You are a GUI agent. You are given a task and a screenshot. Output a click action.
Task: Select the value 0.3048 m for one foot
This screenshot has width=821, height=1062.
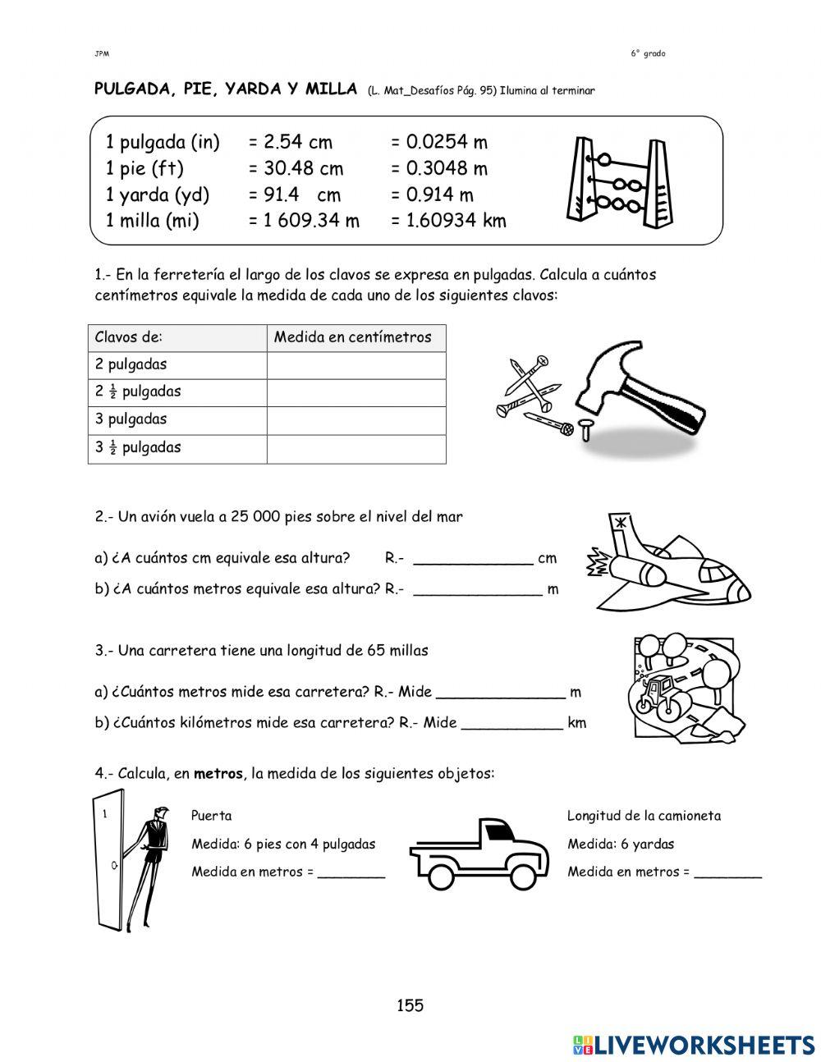tap(439, 168)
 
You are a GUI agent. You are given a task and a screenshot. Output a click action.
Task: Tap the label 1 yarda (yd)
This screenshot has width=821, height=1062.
tap(158, 195)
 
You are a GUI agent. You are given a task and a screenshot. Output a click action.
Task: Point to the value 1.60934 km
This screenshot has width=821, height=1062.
tap(448, 220)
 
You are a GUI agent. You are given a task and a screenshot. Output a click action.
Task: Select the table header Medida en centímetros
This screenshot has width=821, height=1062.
tap(352, 337)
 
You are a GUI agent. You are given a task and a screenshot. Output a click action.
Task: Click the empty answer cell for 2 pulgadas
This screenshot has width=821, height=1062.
tap(355, 364)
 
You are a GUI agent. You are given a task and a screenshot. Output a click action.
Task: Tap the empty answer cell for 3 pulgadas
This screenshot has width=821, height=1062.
tap(355, 419)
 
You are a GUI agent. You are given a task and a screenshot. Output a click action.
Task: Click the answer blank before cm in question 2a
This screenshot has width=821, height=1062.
tap(473, 559)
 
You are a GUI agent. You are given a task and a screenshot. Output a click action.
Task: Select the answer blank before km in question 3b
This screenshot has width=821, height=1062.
tap(512, 724)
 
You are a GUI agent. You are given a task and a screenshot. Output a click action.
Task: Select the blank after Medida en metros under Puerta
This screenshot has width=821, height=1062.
tap(351, 873)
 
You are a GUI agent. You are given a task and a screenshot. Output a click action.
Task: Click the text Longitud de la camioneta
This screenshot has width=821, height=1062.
tap(644, 816)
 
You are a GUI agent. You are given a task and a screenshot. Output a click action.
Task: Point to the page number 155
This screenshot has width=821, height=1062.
tap(410, 1005)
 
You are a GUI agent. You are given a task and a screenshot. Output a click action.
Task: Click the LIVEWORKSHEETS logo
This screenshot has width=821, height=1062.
tap(694, 1043)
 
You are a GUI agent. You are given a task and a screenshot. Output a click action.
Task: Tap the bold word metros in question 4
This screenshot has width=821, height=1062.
tap(218, 773)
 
